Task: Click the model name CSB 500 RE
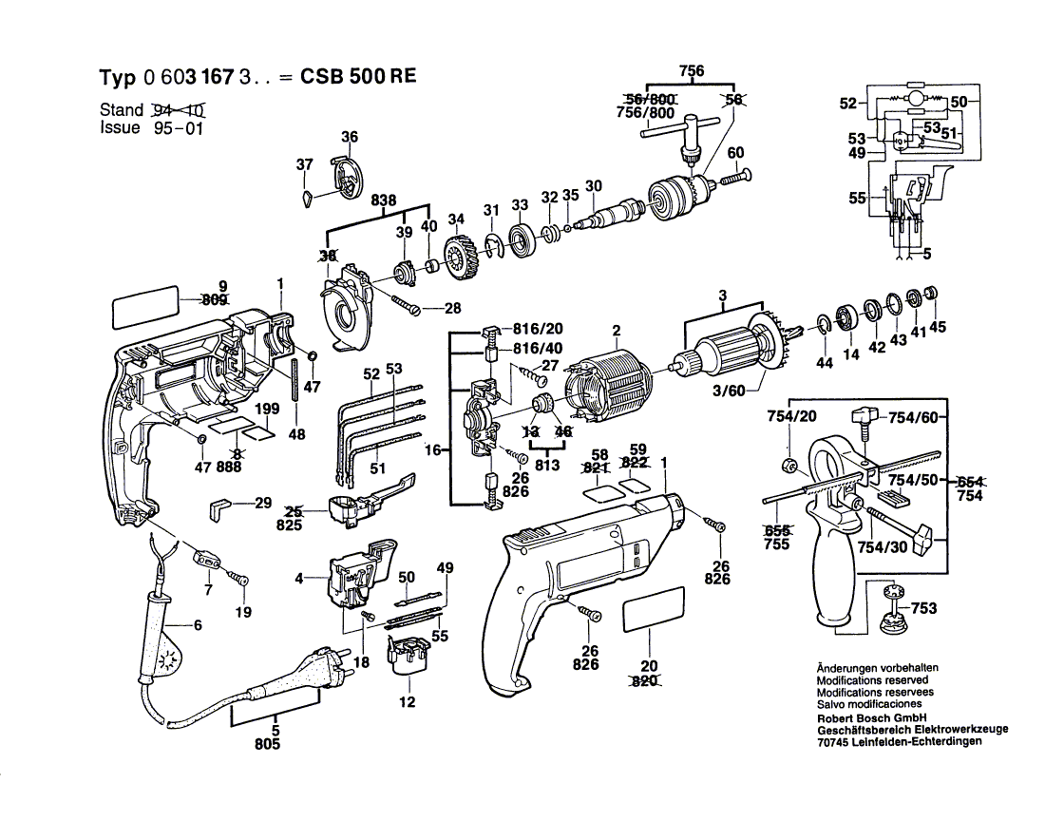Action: click(x=358, y=78)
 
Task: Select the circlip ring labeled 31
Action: click(x=493, y=244)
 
